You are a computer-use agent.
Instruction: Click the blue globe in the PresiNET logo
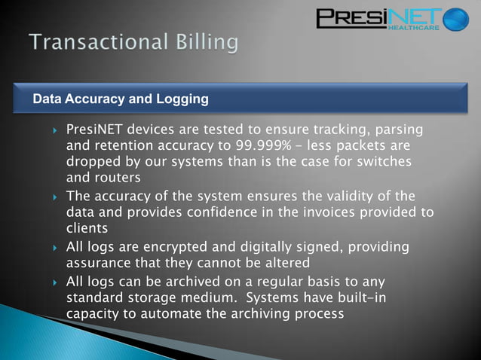coord(455,20)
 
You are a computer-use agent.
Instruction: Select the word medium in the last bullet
coord(199,298)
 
